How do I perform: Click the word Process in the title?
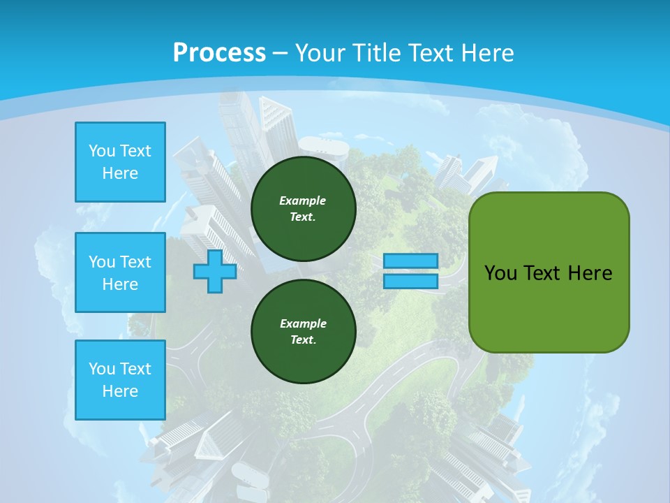[x=219, y=53]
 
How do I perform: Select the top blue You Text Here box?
[x=120, y=162]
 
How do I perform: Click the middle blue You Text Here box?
[x=120, y=272]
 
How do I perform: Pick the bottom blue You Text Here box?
[x=120, y=380]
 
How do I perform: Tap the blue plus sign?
[x=214, y=271]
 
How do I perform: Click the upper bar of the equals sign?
[x=410, y=261]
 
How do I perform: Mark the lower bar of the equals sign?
[x=410, y=281]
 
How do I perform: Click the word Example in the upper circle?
[x=303, y=201]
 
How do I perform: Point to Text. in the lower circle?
[x=303, y=340]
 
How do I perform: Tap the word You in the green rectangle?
[x=500, y=273]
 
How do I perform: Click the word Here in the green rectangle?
[x=590, y=273]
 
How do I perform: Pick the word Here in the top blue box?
[x=120, y=173]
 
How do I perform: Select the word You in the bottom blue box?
[x=101, y=369]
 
